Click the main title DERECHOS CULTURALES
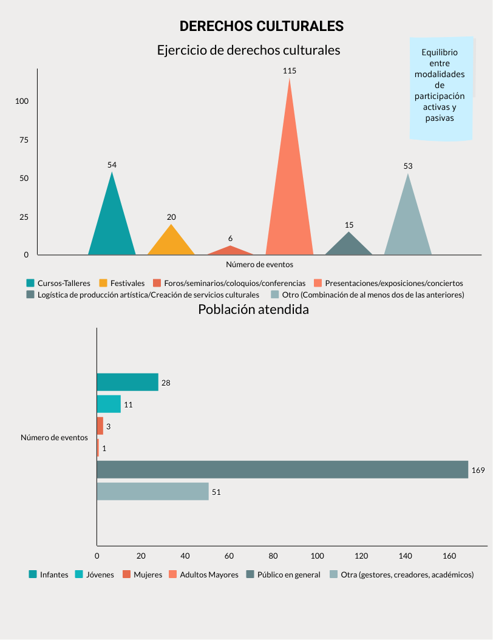coord(261,26)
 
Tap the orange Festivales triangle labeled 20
coord(171,243)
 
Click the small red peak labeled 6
coord(230,251)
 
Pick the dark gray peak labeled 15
coord(348,246)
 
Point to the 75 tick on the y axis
coord(24,140)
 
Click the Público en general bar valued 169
coord(282,469)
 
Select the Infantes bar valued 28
coord(127,382)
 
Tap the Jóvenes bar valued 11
coord(109,404)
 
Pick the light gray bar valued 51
coord(152,491)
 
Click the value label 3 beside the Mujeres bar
coord(108,427)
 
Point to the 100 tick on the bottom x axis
coord(317,555)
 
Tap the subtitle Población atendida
coord(253,309)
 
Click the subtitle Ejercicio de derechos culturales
coord(248,50)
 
